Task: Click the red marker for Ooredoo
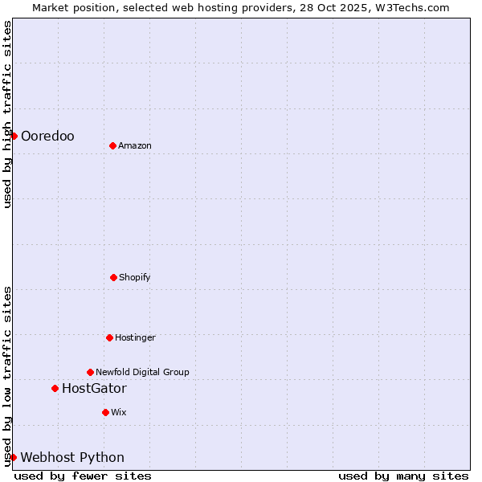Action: tap(14, 136)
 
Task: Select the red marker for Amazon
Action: tap(112, 145)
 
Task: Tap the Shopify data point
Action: tap(113, 277)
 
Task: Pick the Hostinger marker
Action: tap(109, 337)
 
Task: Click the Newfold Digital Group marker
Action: tap(90, 372)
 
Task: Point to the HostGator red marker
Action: tap(55, 388)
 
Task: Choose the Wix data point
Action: tap(105, 412)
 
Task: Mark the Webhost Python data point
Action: tap(13, 457)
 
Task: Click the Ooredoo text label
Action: tap(47, 137)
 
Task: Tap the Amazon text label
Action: tap(135, 146)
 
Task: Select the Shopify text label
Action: tap(135, 278)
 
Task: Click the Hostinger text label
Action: tap(135, 338)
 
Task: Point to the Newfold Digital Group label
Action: tap(142, 373)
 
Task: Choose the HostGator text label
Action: tap(94, 389)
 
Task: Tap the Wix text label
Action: tap(119, 413)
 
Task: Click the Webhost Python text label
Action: tap(72, 458)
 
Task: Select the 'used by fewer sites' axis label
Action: tap(83, 476)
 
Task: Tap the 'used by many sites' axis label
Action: tap(403, 476)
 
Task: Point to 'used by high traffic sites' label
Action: tap(7, 114)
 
